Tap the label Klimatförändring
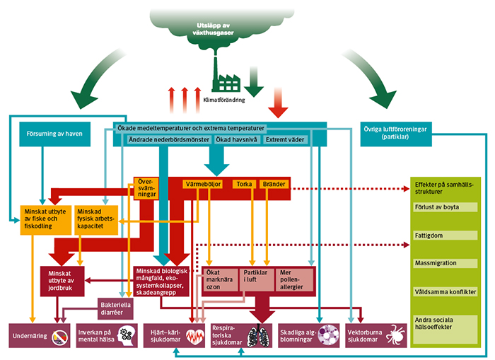coord(224,100)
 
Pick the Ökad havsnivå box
coord(237,140)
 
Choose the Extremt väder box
coord(285,140)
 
